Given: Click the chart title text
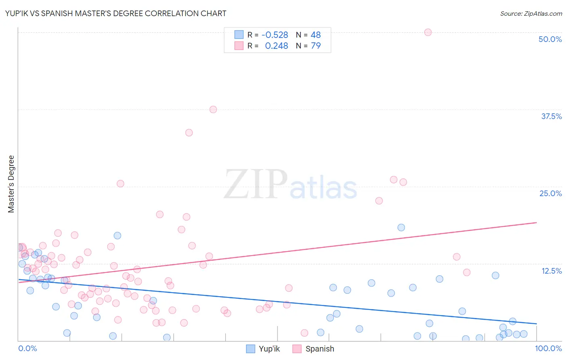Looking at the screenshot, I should [x=116, y=13].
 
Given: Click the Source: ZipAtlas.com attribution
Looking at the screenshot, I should [x=531, y=13].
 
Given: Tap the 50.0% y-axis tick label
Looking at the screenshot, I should [x=550, y=39].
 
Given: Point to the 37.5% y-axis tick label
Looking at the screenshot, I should [x=551, y=116].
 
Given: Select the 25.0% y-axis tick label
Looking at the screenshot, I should [x=550, y=193].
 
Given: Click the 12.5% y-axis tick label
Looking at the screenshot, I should [x=551, y=271].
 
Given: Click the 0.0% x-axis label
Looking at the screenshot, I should [x=27, y=348].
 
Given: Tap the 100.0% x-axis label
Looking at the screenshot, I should [x=548, y=348].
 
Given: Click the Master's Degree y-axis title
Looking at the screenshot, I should [x=11, y=184].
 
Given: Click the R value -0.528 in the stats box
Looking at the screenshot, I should [x=275, y=35].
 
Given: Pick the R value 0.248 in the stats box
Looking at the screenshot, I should [x=276, y=46].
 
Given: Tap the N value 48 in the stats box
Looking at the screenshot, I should [x=316, y=35].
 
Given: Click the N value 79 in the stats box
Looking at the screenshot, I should [x=316, y=46].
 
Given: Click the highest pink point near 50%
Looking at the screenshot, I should [x=428, y=32].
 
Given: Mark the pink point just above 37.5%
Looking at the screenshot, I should [x=213, y=109].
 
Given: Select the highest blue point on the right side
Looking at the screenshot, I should [x=401, y=227].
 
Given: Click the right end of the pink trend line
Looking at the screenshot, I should [x=536, y=222].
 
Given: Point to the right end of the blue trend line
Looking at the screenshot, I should [x=536, y=324].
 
